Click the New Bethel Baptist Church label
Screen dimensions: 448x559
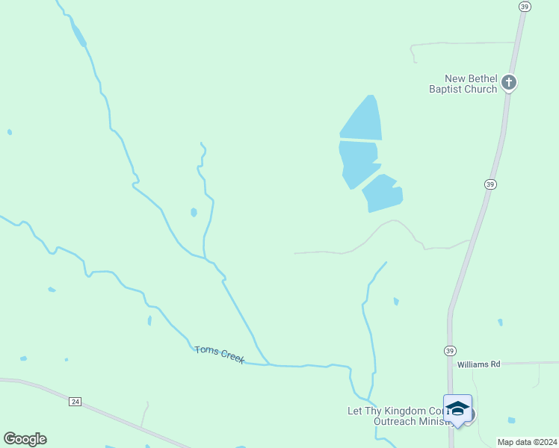pos(463,84)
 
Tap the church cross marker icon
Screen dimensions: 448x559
pos(509,82)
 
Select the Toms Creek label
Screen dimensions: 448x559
pos(220,354)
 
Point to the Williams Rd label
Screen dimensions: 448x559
pos(478,364)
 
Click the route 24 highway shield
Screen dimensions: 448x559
pos(75,402)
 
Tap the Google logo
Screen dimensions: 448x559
pos(25,439)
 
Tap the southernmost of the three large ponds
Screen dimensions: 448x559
pos(383,194)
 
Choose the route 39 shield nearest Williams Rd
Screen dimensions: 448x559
pos(450,351)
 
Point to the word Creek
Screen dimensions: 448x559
pos(232,357)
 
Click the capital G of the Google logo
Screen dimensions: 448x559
pos(10,438)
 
